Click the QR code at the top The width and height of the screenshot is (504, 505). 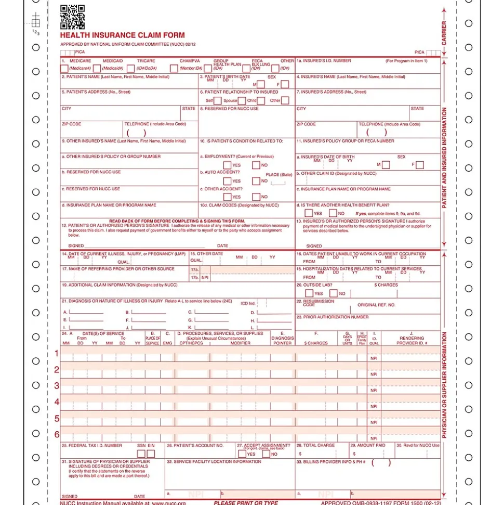(x=72, y=17)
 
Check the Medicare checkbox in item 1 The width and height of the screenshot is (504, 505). (x=64, y=68)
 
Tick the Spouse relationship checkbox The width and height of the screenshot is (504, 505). (x=242, y=100)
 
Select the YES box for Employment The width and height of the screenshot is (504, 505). (x=227, y=165)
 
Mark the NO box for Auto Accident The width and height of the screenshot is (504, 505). (x=256, y=181)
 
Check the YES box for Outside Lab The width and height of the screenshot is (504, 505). (x=309, y=293)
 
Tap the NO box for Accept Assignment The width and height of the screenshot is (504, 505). (x=266, y=454)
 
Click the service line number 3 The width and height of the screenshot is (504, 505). (x=57, y=386)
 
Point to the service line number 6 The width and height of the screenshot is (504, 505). (x=57, y=434)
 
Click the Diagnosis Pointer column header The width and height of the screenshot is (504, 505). (x=282, y=338)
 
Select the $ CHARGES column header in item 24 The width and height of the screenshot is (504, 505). (x=316, y=343)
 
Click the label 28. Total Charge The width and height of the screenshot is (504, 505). (x=315, y=445)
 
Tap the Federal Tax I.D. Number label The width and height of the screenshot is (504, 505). (x=92, y=445)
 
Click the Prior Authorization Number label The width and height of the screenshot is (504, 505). (x=333, y=317)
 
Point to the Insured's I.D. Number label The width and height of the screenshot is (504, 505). (x=324, y=61)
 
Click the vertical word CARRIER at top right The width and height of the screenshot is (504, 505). (x=444, y=33)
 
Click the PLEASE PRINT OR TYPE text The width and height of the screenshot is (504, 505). (x=246, y=502)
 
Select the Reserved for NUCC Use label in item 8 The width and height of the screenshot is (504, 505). (x=229, y=109)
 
